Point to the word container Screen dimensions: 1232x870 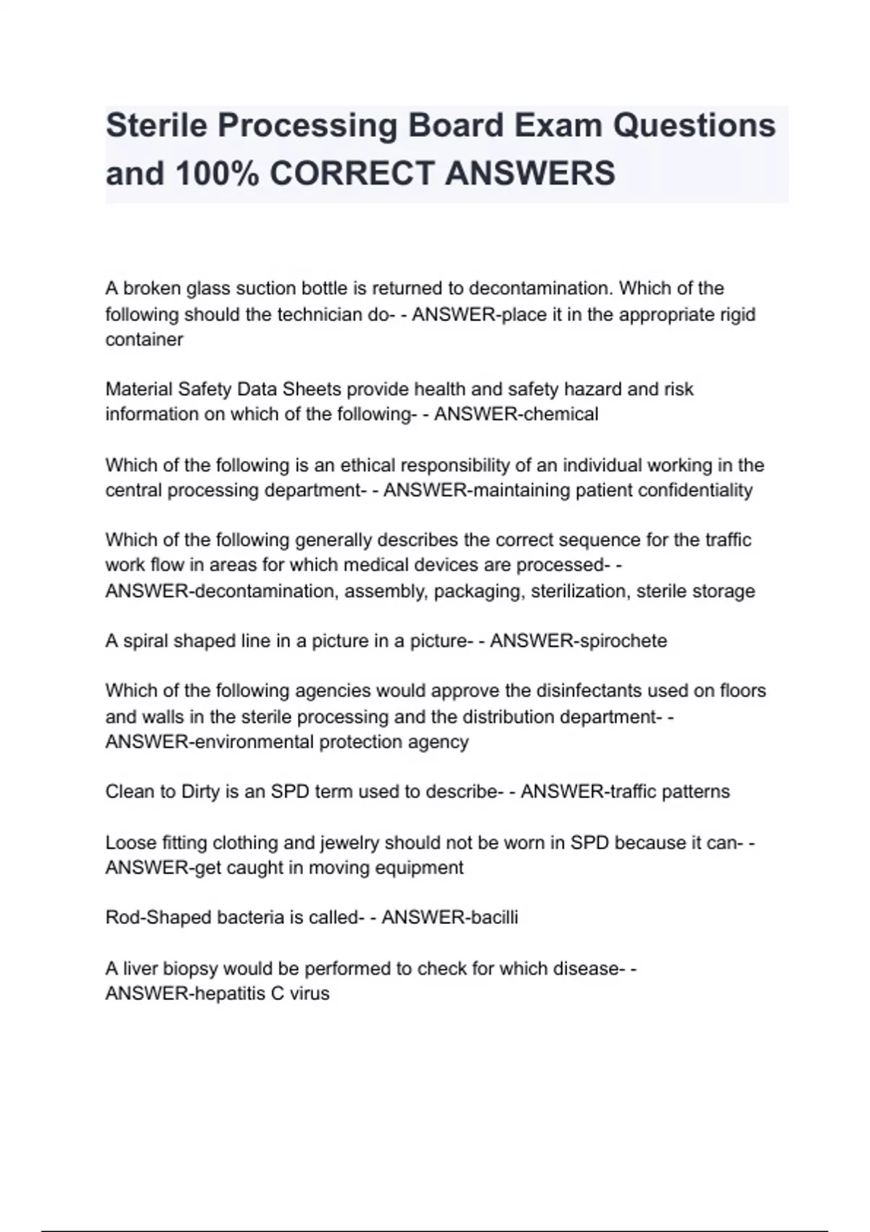coord(144,339)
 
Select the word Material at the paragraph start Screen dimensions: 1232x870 coord(138,389)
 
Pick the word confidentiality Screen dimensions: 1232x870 coord(695,490)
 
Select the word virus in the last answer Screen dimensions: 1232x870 coord(310,993)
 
